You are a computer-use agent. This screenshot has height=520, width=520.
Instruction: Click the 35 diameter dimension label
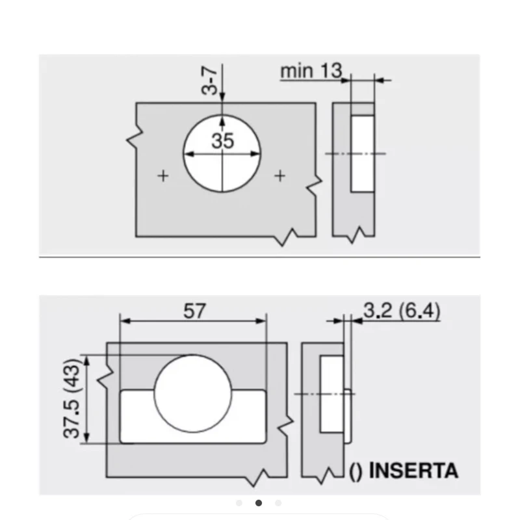pos(222,140)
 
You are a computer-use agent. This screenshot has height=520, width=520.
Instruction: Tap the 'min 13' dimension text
pos(311,71)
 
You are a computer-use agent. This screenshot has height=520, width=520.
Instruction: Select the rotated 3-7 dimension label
pos(209,80)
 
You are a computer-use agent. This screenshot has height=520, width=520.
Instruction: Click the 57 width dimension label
pos(194,311)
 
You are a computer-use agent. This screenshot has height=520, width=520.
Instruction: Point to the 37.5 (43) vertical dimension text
pos(71,398)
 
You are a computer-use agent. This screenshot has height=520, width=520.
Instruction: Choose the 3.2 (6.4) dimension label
pos(402,311)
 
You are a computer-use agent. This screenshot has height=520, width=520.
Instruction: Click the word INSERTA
pos(413,470)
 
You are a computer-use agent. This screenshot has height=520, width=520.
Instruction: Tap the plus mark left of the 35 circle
pos(163,175)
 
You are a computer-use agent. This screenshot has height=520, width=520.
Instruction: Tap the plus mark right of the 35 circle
pos(280,175)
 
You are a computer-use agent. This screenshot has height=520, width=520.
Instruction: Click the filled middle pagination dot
pos(259,503)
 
